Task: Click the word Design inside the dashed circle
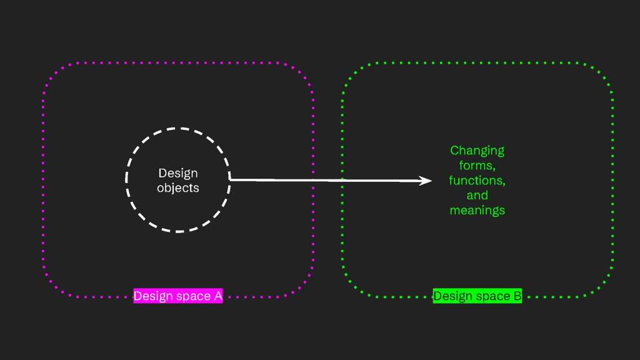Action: (x=177, y=173)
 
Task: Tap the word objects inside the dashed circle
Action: (x=177, y=187)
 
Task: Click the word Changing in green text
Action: (x=477, y=151)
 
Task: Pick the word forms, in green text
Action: (x=477, y=166)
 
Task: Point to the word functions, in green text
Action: (x=477, y=181)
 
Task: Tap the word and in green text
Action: (x=477, y=195)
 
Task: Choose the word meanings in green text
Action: (x=477, y=210)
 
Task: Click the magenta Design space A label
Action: (x=178, y=296)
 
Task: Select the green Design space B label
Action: (x=477, y=296)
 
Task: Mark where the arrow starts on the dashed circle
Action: (x=230, y=180)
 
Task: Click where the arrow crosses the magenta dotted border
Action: (x=312, y=180)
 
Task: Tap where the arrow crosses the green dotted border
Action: (x=342, y=181)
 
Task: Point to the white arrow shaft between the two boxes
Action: (x=327, y=181)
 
